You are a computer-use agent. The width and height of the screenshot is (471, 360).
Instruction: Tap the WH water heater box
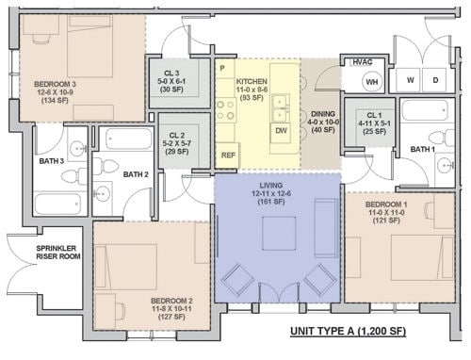point(371,82)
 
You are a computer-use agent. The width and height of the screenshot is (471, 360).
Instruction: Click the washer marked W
point(411,80)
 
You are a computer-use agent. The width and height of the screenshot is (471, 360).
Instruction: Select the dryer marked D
point(435,80)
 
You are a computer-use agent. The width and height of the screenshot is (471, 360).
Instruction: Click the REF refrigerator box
point(228,155)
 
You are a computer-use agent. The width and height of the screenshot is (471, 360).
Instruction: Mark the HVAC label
point(363,62)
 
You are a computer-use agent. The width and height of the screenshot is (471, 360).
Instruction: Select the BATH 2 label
point(137,174)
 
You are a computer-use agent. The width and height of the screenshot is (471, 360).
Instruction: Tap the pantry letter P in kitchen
point(222,69)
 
